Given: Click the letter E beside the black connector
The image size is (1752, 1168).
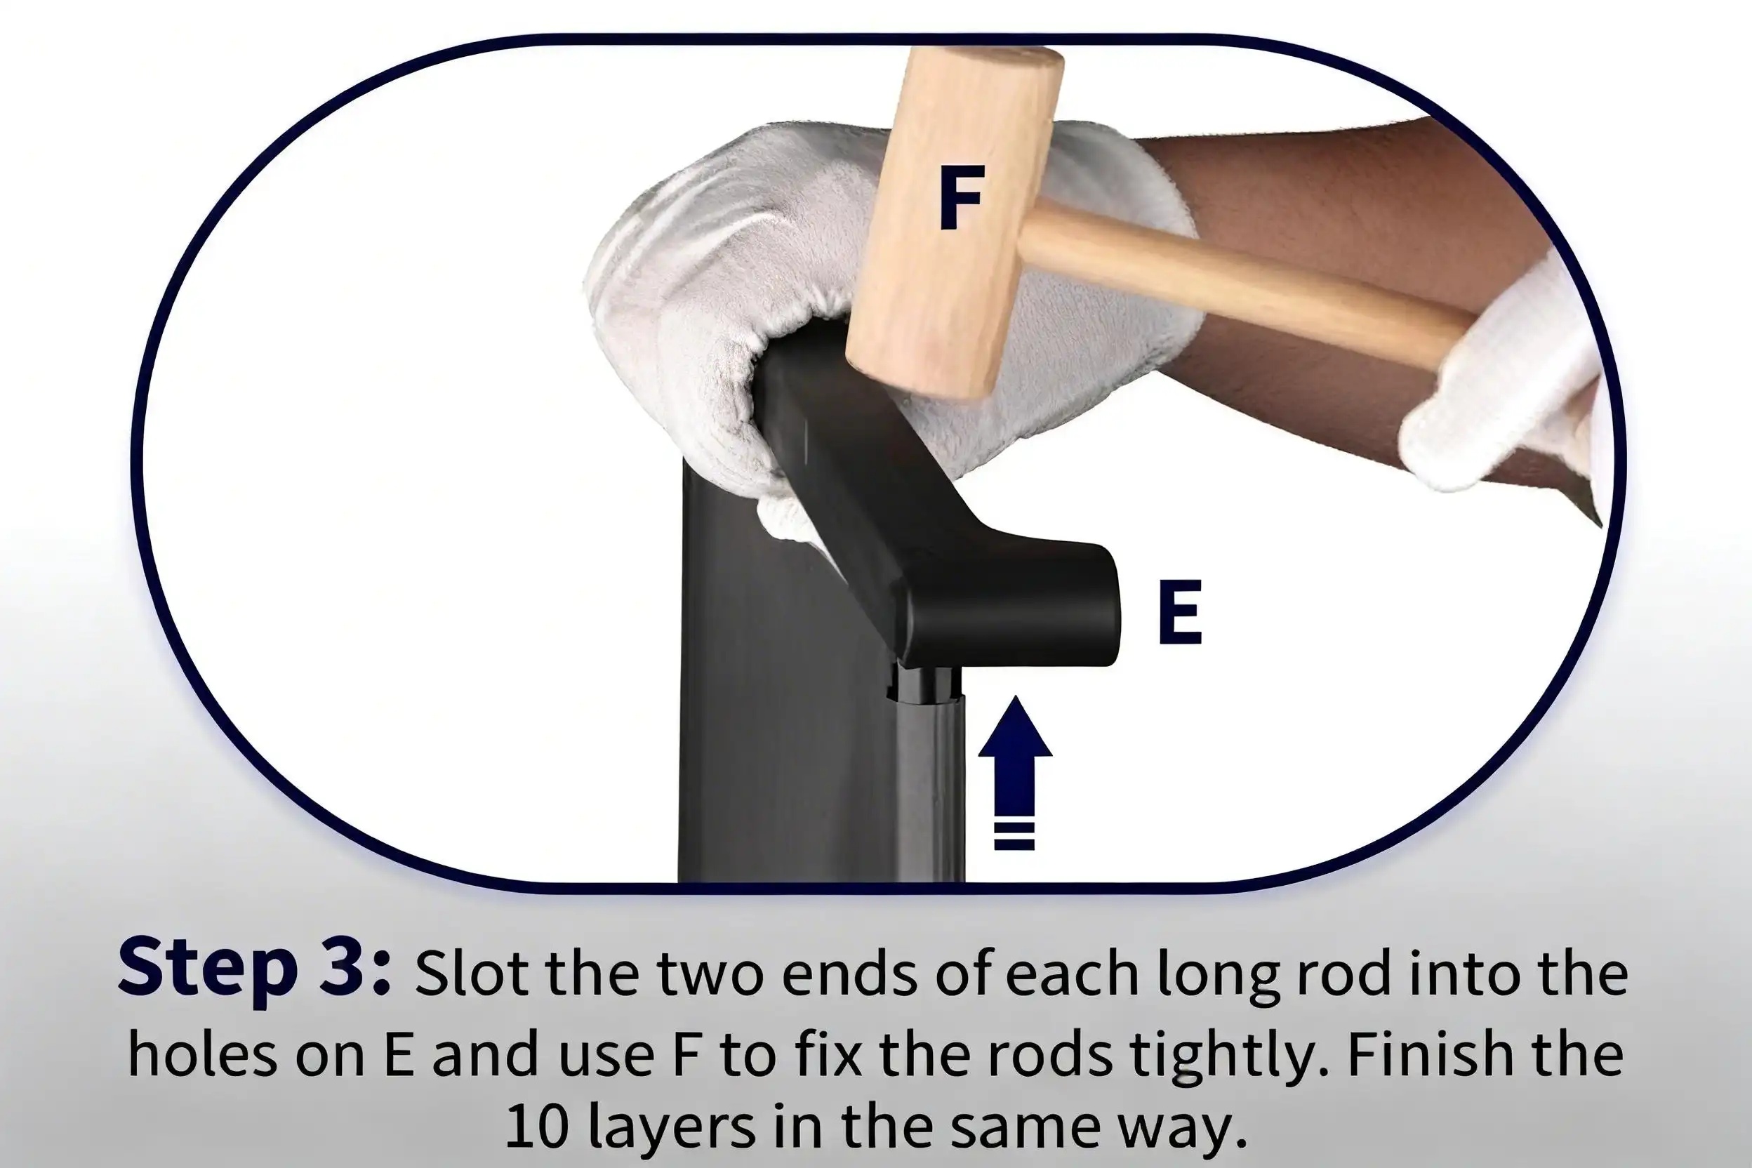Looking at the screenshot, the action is (1181, 612).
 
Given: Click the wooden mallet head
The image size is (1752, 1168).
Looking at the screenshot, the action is (956, 223).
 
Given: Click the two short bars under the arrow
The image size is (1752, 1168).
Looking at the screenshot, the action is (1014, 837).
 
